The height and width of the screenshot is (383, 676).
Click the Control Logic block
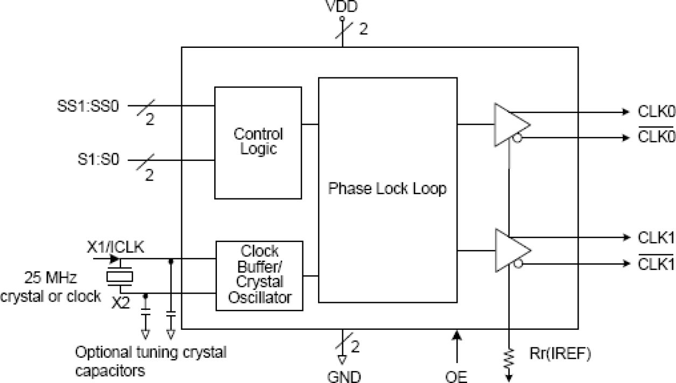(x=258, y=142)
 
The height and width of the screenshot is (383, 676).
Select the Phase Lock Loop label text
(x=388, y=189)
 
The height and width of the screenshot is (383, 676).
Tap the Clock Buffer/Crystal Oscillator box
(x=259, y=275)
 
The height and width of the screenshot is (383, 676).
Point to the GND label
(x=344, y=376)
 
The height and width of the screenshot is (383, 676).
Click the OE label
(x=456, y=376)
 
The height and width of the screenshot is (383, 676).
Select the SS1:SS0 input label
(x=88, y=105)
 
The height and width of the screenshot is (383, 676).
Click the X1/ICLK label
(x=116, y=247)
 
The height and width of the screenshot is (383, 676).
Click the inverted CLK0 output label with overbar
(x=656, y=137)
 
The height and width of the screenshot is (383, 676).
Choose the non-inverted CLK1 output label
(x=656, y=237)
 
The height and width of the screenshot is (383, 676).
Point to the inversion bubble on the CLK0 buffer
(x=517, y=138)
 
